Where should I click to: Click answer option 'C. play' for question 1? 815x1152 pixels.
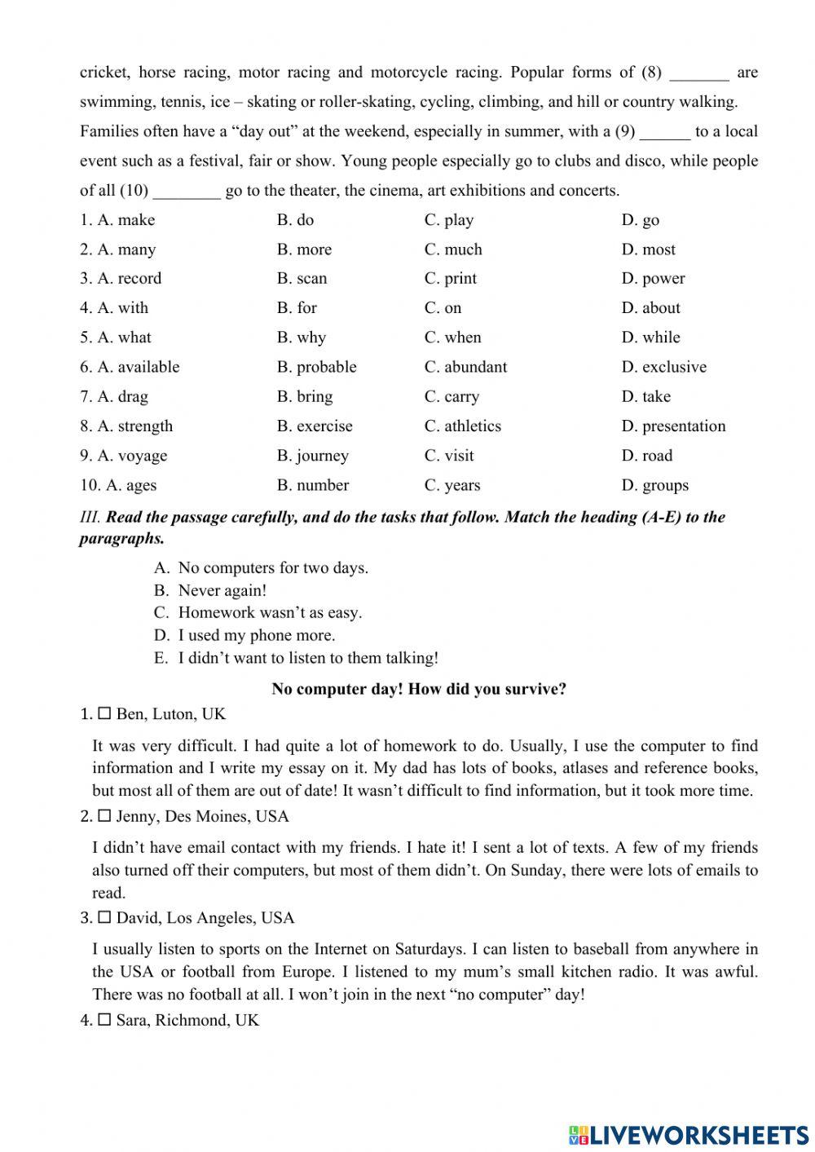tap(448, 220)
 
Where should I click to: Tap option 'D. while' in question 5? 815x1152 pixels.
tap(650, 338)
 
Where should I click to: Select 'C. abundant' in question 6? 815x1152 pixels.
tap(465, 367)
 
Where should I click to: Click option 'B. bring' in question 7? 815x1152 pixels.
tap(305, 397)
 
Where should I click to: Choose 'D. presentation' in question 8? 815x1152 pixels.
tap(673, 426)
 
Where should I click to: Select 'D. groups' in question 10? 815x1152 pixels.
tap(654, 485)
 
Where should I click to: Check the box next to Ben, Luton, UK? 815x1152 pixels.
tap(104, 714)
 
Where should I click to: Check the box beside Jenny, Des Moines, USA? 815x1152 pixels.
tap(104, 816)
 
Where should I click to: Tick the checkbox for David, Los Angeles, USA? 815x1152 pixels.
tap(104, 918)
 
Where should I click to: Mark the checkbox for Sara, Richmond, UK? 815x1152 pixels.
tap(104, 1020)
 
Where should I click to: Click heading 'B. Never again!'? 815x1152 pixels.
tap(222, 590)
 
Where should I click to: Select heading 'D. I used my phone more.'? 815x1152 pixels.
tap(256, 635)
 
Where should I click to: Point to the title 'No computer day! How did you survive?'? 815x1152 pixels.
tap(419, 689)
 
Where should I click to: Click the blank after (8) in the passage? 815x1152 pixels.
tap(699, 73)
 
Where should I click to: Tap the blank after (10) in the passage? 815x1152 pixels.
tap(187, 192)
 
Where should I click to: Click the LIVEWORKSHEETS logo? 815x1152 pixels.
tap(689, 1134)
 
